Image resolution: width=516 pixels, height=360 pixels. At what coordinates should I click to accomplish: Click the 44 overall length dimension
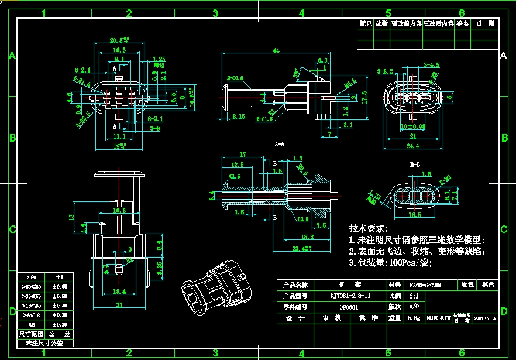tap(276, 51)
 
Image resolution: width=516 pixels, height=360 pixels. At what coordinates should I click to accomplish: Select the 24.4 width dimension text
tap(414, 145)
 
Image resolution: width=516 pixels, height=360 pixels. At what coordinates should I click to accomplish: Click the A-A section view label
tap(280, 143)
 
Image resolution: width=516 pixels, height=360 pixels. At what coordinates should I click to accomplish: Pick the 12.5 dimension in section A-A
tap(238, 164)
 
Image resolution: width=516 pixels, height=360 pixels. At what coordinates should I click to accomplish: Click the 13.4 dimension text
tap(119, 292)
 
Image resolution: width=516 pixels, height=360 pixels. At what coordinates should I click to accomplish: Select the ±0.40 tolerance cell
tap(60, 306)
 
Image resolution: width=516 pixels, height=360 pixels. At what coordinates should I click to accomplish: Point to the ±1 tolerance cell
tap(60, 276)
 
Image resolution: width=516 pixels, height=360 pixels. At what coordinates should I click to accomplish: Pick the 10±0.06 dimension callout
tap(413, 126)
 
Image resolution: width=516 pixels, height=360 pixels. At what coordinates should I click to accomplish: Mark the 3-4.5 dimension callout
tap(432, 65)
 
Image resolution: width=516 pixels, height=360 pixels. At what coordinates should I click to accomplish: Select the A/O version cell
tap(413, 306)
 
